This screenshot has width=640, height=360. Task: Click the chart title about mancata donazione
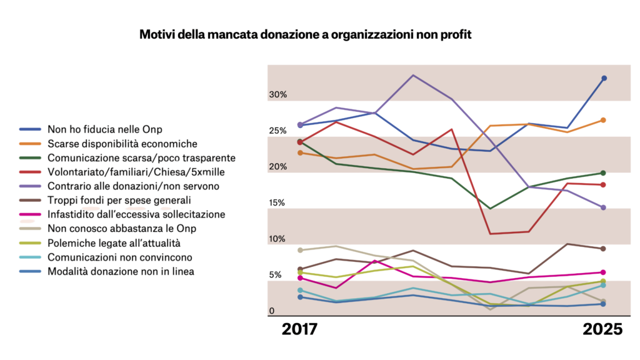(x=305, y=34)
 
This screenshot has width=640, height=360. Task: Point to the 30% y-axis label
(x=277, y=95)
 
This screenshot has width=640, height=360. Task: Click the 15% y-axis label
(x=277, y=203)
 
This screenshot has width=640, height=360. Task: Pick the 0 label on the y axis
(x=272, y=311)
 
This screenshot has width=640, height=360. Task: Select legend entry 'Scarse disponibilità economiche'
(x=122, y=144)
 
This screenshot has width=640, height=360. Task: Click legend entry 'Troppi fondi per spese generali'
(x=119, y=200)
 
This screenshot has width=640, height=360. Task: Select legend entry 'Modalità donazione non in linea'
(x=121, y=271)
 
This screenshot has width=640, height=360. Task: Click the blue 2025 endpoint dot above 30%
(x=604, y=78)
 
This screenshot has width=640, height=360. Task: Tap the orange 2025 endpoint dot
(x=604, y=120)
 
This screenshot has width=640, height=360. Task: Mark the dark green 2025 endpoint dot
(x=604, y=173)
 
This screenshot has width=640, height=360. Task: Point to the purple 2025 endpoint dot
(x=604, y=207)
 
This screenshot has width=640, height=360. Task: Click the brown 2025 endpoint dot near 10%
(x=604, y=249)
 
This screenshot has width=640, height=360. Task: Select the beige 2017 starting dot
(x=300, y=250)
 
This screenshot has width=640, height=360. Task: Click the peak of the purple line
(x=413, y=75)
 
